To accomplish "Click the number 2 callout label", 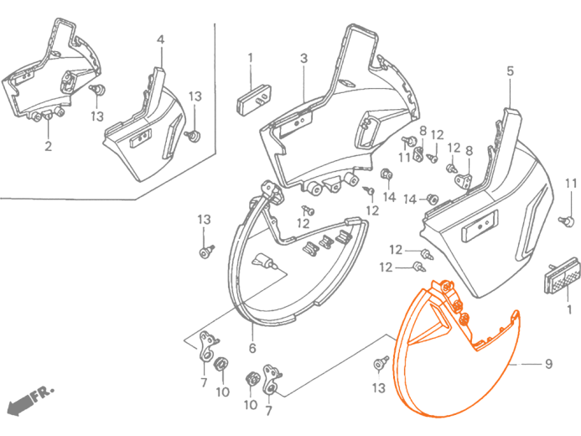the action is [x=48, y=146].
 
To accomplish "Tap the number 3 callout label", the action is [x=303, y=58].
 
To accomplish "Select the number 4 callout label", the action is [x=160, y=39].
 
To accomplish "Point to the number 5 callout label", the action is [x=511, y=70].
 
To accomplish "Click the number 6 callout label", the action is [x=252, y=348].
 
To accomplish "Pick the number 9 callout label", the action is [x=549, y=364].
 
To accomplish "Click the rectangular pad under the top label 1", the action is [x=253, y=99].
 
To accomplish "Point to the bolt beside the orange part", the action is [x=380, y=363].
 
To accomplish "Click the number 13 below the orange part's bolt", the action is [x=379, y=388].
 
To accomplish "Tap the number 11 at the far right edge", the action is [x=571, y=184].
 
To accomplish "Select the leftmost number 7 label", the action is [x=204, y=382].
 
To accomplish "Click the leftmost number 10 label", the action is [x=223, y=392].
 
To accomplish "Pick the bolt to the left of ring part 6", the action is [x=206, y=252].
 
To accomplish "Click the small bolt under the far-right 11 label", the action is [x=567, y=221].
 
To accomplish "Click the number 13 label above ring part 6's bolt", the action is [x=204, y=220].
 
